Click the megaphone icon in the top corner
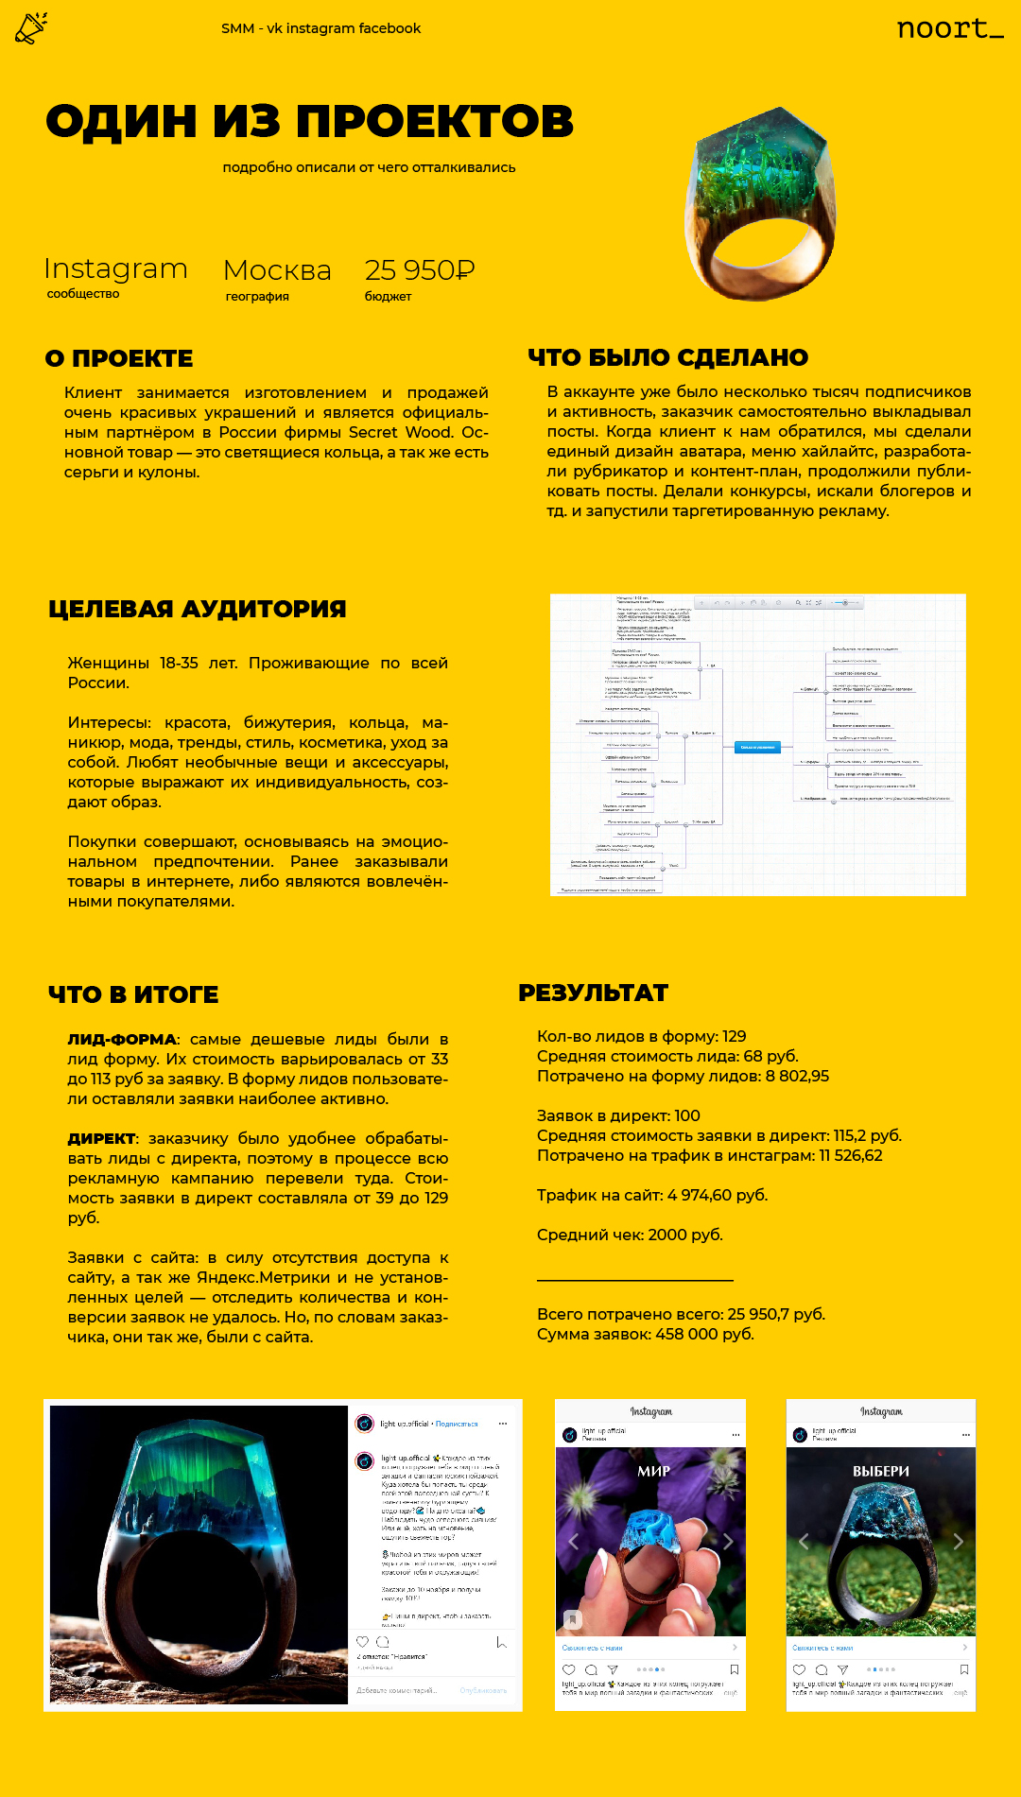tap(31, 28)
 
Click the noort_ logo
tap(949, 28)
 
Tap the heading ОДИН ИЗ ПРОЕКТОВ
tap(309, 121)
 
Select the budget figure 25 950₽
tap(420, 270)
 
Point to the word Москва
tap(277, 270)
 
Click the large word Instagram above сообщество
tap(115, 268)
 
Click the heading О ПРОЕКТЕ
tap(119, 359)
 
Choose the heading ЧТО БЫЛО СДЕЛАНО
tap(667, 357)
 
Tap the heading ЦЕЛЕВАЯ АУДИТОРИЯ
tap(197, 609)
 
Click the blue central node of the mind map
tap(757, 747)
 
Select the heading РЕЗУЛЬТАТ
tap(593, 993)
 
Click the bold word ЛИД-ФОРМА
tap(122, 1040)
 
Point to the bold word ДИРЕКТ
tap(102, 1139)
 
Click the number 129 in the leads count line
tap(734, 1036)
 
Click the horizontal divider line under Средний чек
tap(634, 1280)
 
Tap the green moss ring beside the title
tap(760, 203)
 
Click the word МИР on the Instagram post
tap(653, 1471)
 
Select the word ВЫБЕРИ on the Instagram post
tap(880, 1471)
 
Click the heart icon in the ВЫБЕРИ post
tap(799, 1670)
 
